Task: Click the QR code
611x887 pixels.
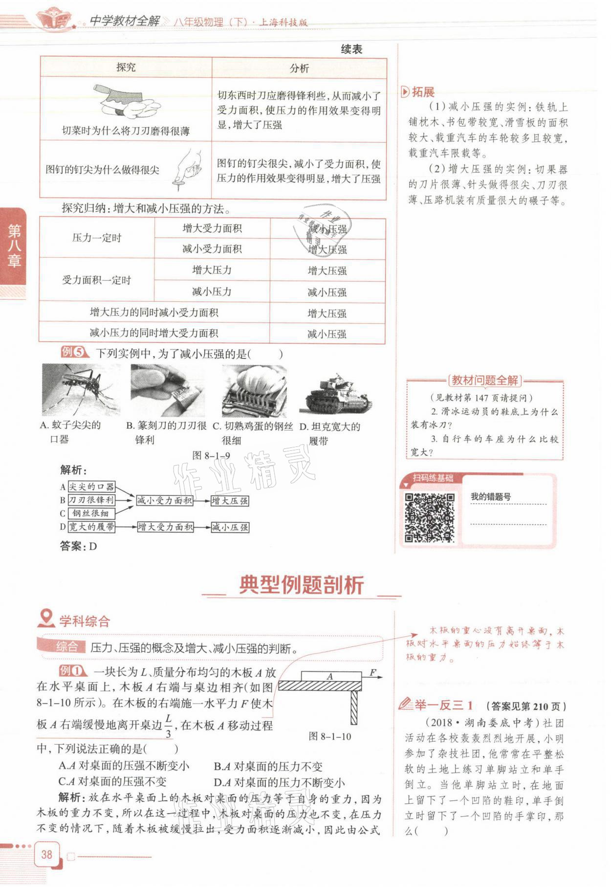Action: (429, 518)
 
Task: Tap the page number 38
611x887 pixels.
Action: (46, 854)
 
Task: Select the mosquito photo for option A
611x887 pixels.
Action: (80, 390)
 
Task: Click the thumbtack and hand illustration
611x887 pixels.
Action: (188, 169)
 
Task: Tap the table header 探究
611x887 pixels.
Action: (126, 67)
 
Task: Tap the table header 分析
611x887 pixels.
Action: (299, 68)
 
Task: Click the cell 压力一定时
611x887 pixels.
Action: (96, 238)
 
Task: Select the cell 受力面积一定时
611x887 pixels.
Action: (96, 280)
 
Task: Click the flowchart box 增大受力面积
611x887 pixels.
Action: (165, 527)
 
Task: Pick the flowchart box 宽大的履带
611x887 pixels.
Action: (91, 527)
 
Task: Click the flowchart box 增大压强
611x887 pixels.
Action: (230, 501)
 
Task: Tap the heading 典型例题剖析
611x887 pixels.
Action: (302, 585)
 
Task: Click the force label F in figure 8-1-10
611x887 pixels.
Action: (373, 672)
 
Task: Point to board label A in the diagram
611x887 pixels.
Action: (330, 676)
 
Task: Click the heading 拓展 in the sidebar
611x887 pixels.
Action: (422, 92)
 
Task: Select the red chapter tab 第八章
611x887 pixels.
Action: (14, 246)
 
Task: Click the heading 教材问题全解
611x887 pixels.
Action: (484, 380)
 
